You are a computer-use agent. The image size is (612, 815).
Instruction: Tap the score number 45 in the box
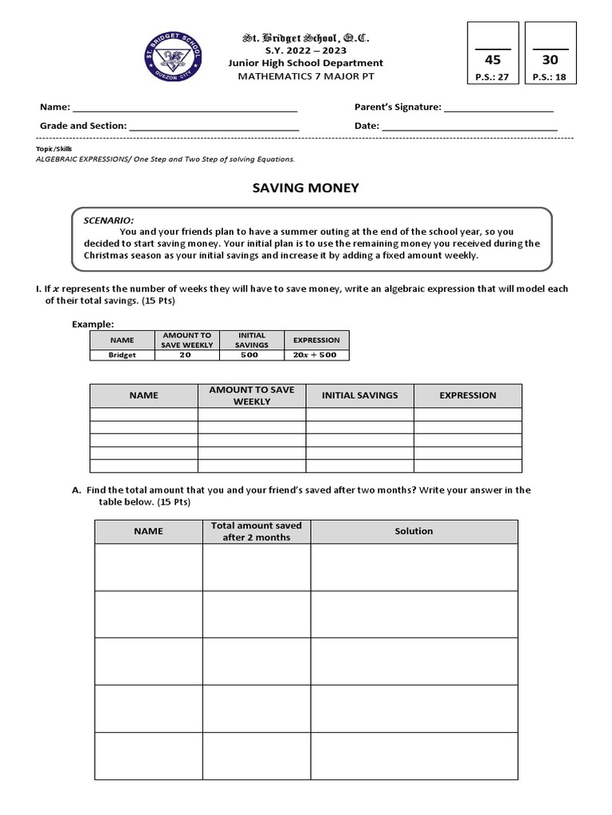[493, 60]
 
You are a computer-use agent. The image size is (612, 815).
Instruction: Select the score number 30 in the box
[551, 60]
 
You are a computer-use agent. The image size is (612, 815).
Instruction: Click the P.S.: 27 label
[493, 77]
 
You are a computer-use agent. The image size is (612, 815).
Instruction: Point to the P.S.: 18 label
[551, 77]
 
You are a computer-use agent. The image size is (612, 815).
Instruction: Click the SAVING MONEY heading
[305, 188]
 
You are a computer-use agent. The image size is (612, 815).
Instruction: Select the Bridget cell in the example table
[123, 355]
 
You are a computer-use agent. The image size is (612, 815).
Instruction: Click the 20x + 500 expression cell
[316, 355]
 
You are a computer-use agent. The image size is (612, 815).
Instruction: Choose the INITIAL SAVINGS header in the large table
[359, 395]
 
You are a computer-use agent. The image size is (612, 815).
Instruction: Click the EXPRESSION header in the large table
[468, 395]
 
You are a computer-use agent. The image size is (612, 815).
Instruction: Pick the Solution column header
[414, 531]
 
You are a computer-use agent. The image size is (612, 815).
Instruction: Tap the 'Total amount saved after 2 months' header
[257, 531]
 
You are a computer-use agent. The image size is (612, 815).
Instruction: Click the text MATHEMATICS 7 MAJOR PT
[305, 76]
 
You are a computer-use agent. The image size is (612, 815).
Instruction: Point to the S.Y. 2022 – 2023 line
[305, 50]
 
